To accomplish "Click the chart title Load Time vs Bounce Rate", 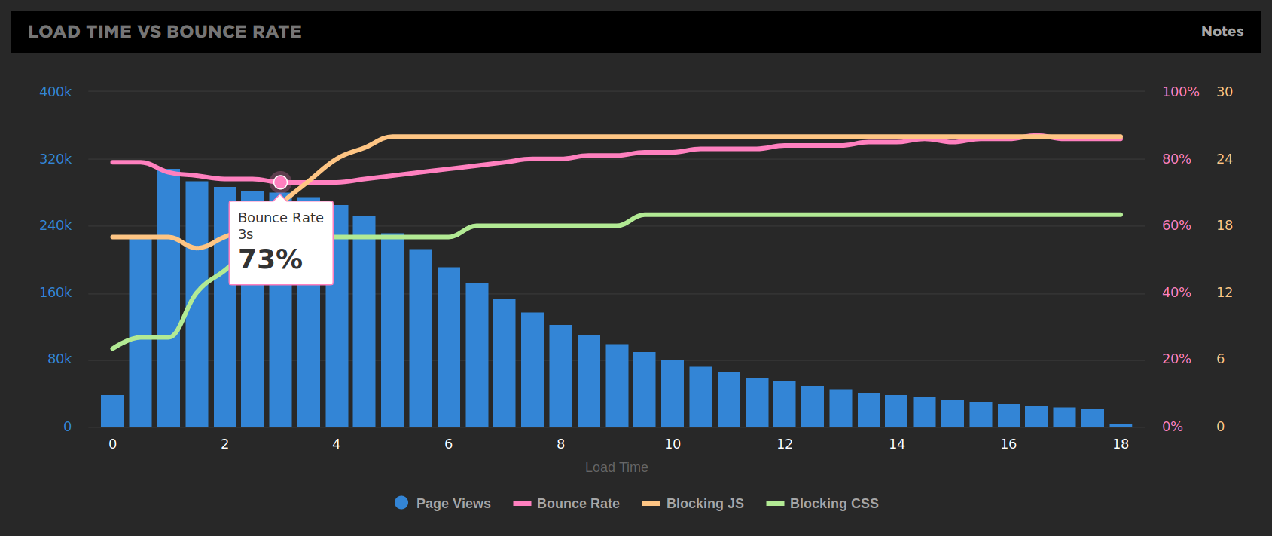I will pos(165,32).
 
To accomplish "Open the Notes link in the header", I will pos(1222,32).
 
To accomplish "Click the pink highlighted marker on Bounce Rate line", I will pos(280,182).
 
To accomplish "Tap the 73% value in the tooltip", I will pos(270,259).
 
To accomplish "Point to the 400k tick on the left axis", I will pos(55,92).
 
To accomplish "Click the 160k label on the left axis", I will pos(55,293).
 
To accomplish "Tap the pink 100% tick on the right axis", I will pos(1180,92).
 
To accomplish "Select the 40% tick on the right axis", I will pos(1176,293).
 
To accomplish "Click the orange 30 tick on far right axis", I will pos(1225,92).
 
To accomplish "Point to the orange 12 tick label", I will pos(1225,293).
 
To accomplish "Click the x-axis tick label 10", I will pos(673,444).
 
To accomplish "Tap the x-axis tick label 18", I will pos(1121,444).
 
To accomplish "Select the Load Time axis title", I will pos(616,467).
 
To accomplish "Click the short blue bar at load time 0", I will pos(112,411).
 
